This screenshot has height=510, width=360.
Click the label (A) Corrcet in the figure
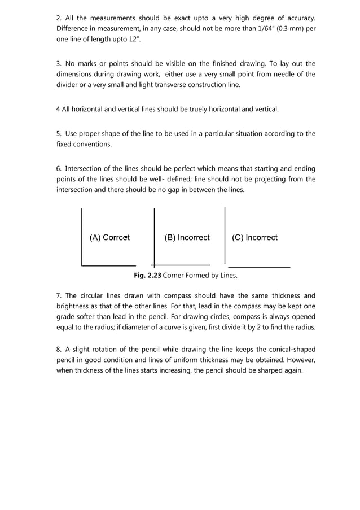[109, 238]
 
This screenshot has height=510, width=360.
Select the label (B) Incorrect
[187, 238]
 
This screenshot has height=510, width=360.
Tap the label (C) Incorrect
[254, 238]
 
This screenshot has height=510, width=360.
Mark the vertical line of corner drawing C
[225, 234]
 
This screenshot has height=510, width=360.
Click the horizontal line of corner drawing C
[259, 266]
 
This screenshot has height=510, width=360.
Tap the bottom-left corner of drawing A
[82, 265]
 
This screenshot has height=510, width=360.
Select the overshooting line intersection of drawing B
[153, 264]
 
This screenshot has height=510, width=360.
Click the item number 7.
[59, 295]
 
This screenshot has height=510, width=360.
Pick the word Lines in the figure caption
[226, 276]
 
